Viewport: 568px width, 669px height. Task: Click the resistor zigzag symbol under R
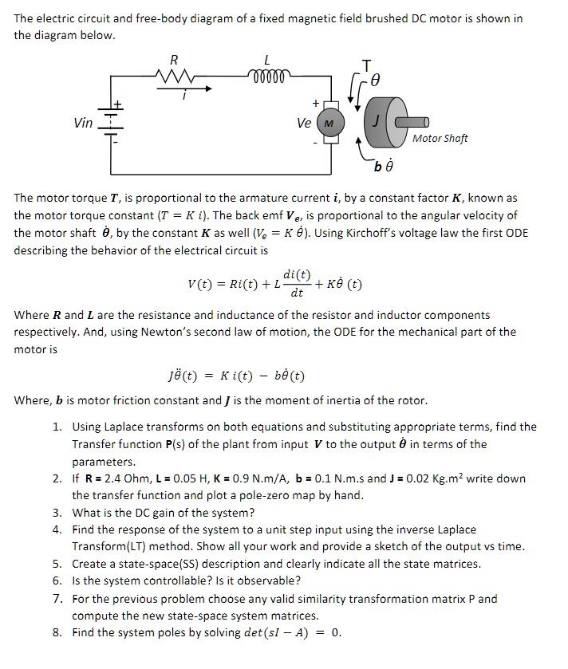click(173, 76)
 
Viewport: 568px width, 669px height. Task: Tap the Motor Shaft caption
click(440, 138)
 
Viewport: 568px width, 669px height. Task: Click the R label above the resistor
click(174, 59)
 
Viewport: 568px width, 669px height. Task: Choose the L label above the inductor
click(267, 59)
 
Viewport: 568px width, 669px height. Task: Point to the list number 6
click(57, 580)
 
